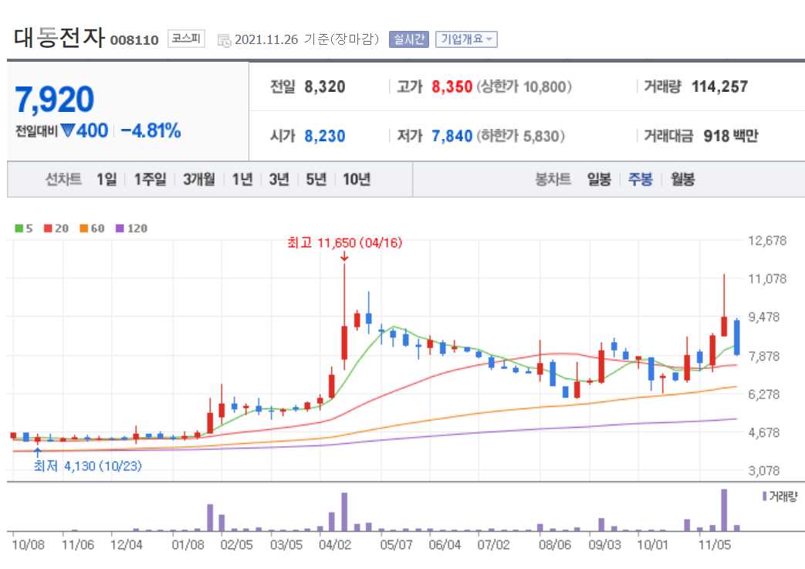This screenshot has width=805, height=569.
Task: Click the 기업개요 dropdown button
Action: [x=466, y=39]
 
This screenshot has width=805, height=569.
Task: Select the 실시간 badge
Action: [x=409, y=39]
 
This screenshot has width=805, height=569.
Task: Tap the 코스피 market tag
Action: [x=186, y=39]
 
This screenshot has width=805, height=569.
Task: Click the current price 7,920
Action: [x=55, y=100]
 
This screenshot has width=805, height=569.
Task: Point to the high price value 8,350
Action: [x=452, y=87]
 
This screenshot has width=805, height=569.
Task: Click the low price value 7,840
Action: [x=452, y=137]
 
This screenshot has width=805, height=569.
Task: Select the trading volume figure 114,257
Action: [x=719, y=87]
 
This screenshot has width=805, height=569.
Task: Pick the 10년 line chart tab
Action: [x=356, y=180]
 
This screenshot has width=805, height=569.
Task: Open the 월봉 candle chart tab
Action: [x=682, y=180]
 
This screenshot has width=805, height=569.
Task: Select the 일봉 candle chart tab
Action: [x=599, y=180]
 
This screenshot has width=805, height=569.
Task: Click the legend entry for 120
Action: [x=131, y=229]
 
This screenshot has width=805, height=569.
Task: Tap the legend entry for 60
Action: [x=92, y=229]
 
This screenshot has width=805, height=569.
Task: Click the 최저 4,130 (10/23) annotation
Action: [x=87, y=466]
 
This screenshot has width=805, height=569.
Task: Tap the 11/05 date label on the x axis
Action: [x=714, y=544]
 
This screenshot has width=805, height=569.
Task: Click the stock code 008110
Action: [x=134, y=40]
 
